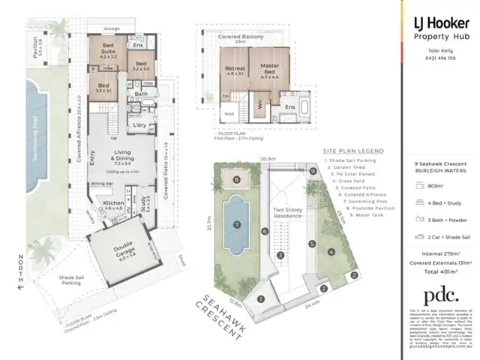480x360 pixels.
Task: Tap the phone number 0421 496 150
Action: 442,57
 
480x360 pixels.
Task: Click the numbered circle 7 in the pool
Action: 236,223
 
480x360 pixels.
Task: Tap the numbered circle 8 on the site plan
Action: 237,180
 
